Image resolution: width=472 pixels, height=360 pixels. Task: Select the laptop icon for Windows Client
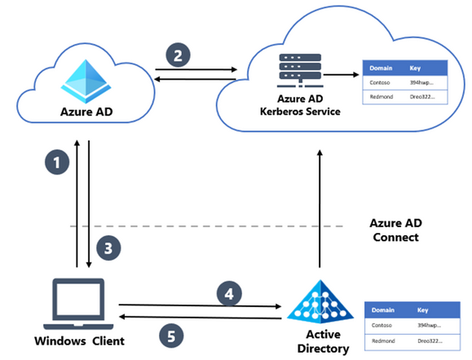click(77, 298)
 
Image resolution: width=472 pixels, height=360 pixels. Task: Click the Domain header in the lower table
click(384, 310)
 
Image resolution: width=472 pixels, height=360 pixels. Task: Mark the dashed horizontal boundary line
click(204, 226)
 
